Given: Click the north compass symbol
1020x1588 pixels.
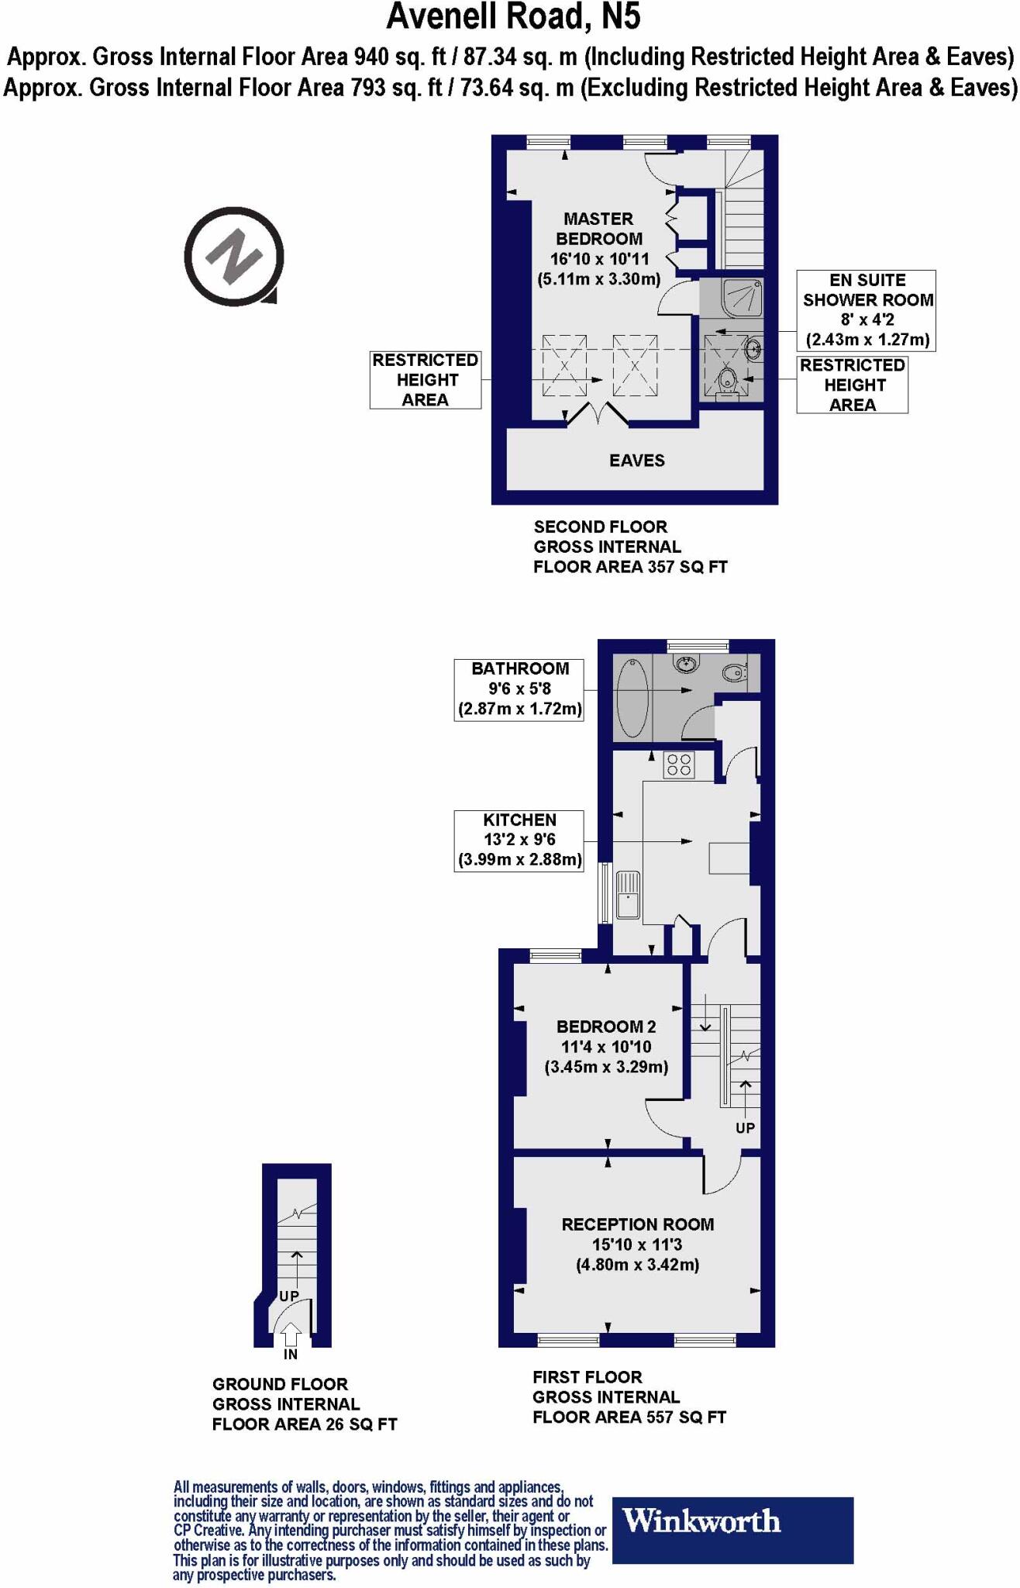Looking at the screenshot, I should (x=233, y=256).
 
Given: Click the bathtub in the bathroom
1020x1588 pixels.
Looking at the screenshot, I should (x=632, y=699).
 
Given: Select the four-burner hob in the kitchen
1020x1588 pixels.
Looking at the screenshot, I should (x=679, y=765).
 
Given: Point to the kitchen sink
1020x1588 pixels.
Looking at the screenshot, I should (x=628, y=894).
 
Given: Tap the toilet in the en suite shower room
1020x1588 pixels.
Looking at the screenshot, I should (x=727, y=382).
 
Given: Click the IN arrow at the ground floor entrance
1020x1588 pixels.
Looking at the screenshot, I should (x=291, y=1335).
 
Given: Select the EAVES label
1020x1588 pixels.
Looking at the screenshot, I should (x=636, y=461).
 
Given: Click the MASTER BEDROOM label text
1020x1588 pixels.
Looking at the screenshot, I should (x=598, y=229).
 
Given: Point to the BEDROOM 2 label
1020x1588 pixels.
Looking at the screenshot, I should (x=606, y=1027).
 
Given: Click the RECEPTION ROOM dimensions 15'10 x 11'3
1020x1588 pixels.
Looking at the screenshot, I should (x=637, y=1245).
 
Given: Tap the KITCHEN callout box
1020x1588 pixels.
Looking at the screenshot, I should (x=519, y=840).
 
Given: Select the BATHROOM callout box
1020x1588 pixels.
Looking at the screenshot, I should (x=519, y=689).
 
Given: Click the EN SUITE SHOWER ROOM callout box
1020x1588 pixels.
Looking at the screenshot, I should (x=867, y=310).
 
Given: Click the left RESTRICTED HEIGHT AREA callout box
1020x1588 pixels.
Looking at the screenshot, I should (x=425, y=380).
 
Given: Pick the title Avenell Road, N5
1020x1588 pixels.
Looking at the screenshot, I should (x=513, y=17).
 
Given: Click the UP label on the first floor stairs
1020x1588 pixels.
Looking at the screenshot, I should (x=745, y=1127).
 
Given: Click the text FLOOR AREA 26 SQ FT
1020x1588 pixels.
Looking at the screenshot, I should (x=304, y=1424).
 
